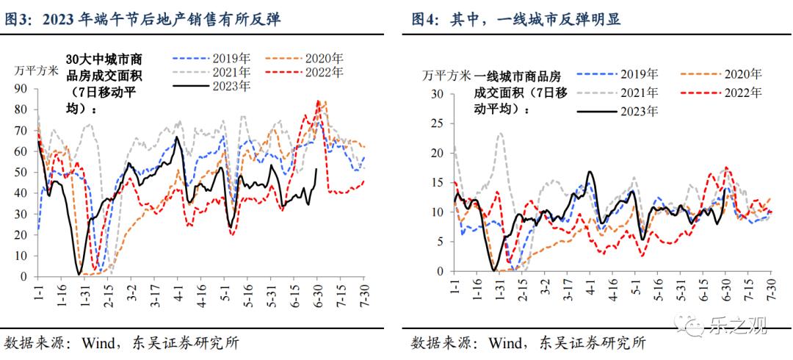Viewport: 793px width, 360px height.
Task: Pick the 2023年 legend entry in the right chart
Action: [638, 111]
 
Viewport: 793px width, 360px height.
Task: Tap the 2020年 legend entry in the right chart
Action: [742, 74]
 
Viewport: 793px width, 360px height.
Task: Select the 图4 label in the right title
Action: [424, 19]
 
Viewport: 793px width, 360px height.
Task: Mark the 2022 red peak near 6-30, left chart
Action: [318, 101]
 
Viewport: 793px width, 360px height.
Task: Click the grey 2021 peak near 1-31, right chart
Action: [500, 134]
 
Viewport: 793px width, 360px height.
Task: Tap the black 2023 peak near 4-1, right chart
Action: [590, 172]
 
